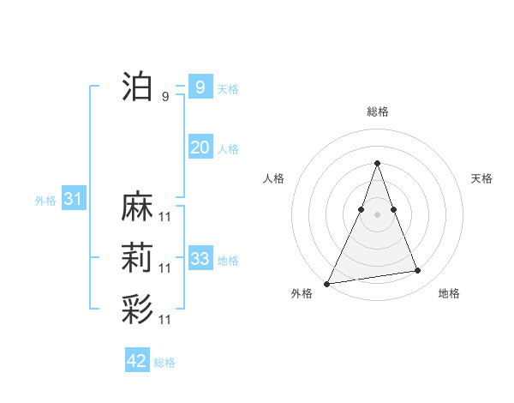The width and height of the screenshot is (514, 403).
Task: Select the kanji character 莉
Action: tap(137, 258)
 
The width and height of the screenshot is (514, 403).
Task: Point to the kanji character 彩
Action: tap(137, 310)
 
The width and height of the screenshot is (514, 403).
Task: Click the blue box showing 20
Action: tap(200, 147)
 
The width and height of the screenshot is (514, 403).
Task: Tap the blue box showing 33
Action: tap(200, 259)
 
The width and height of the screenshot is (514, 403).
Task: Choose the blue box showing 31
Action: tap(73, 200)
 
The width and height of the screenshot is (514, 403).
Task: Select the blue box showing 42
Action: tap(137, 361)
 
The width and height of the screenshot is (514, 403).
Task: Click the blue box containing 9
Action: tap(200, 87)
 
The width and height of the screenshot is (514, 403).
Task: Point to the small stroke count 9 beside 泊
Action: tap(165, 97)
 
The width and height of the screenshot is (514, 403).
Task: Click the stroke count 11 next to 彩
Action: tap(165, 320)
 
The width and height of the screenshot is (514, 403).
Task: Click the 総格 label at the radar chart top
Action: tap(378, 111)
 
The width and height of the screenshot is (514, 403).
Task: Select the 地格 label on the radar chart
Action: tap(449, 293)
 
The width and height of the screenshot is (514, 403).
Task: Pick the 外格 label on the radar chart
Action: tap(302, 293)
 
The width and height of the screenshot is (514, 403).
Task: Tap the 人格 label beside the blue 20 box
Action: tap(228, 149)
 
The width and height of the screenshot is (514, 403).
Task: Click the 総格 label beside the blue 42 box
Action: tap(164, 363)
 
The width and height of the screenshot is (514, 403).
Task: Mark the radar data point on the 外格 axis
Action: tap(327, 283)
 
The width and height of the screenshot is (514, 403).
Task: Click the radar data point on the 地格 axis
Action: tap(418, 271)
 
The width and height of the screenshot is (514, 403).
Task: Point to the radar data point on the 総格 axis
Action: tap(377, 163)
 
